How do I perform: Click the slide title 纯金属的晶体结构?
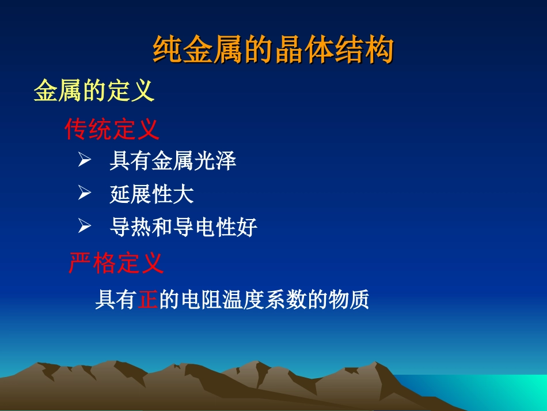click(x=273, y=50)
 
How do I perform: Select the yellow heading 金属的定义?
click(x=94, y=91)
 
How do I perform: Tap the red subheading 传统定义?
click(x=112, y=129)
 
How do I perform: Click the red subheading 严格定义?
click(x=116, y=263)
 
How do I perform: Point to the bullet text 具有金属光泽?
click(x=173, y=162)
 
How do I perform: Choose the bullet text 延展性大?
click(x=151, y=195)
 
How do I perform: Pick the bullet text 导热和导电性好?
click(x=183, y=228)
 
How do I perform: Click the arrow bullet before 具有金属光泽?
click(x=85, y=161)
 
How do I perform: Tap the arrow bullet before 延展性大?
click(x=85, y=194)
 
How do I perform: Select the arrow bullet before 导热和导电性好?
click(x=85, y=227)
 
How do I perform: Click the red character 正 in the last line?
click(x=148, y=300)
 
